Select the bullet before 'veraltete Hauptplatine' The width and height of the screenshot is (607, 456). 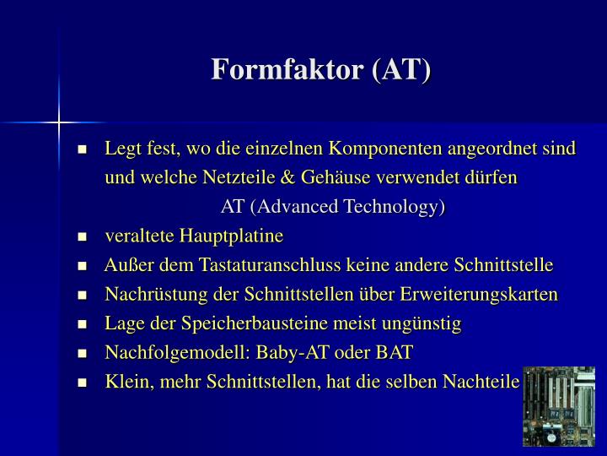[83, 236]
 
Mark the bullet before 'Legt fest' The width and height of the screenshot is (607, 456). [83, 150]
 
